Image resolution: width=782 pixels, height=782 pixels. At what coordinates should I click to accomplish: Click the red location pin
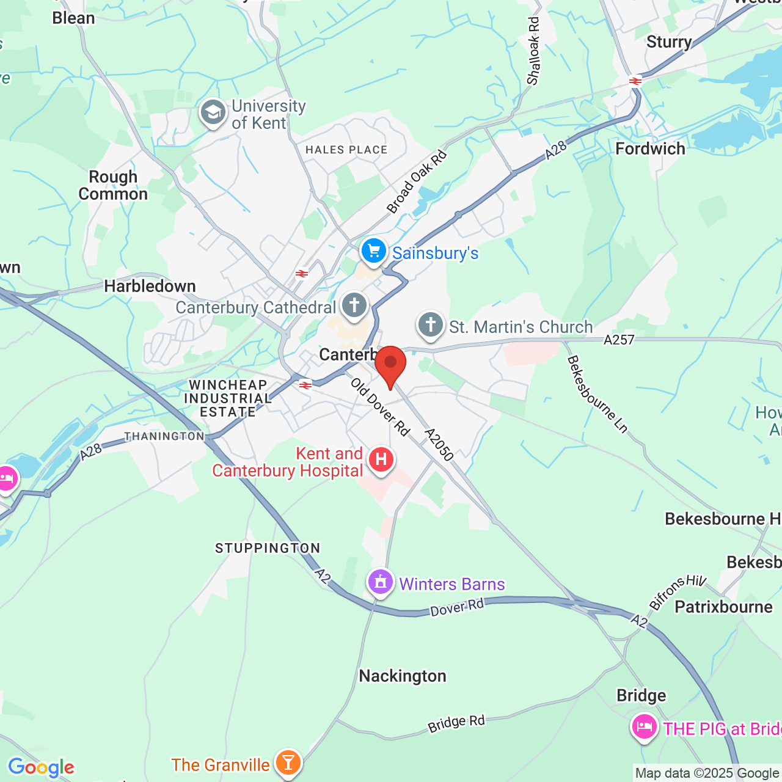390,365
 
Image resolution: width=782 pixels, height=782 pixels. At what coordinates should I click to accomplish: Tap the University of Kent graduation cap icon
213,113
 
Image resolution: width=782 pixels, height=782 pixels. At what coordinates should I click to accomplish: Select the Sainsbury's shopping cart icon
373,251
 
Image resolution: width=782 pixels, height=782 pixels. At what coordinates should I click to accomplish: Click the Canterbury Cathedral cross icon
354,305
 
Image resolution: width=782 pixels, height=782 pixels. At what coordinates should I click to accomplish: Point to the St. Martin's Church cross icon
431,325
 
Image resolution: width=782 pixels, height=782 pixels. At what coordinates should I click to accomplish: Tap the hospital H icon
381,459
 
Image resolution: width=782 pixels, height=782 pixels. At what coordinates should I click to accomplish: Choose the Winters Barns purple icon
381,582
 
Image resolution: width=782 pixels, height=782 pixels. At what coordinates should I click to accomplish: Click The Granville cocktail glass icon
288,762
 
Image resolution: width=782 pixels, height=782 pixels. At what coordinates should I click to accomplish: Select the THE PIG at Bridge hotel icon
644,727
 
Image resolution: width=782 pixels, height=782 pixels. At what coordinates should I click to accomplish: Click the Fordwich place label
650,149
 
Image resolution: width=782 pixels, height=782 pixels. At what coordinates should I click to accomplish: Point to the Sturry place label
669,42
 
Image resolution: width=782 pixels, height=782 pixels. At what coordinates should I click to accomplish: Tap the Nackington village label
403,676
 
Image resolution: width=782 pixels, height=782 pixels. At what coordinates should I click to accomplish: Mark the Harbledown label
150,286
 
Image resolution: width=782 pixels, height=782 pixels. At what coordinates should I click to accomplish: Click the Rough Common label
113,186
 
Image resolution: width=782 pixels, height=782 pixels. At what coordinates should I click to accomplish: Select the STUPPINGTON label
268,548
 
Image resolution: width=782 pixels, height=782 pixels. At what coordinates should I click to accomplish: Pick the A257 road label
619,340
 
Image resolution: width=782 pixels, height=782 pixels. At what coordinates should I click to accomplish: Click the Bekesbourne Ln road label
597,395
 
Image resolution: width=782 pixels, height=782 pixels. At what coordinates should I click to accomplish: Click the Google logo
41,767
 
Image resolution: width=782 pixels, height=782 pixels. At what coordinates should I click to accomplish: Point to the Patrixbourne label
723,607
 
